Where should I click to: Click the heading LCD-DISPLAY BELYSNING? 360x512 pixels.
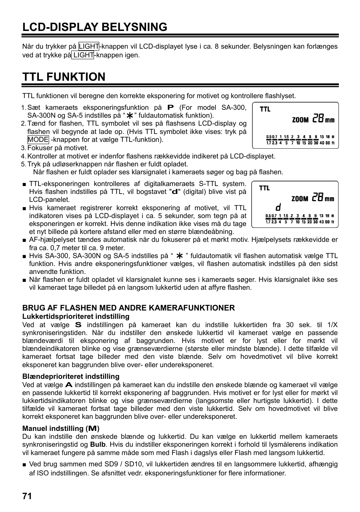95,27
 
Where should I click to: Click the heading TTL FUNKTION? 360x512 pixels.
64,77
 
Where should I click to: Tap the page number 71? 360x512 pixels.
27,496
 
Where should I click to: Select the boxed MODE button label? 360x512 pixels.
38,140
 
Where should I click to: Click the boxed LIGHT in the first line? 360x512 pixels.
89,46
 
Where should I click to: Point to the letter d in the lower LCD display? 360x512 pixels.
278,208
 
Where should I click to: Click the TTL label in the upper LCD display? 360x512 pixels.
265,109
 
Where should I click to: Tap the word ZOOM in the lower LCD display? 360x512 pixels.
300,199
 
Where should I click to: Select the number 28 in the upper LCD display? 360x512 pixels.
318,119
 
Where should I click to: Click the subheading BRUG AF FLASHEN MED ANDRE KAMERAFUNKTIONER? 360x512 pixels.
128,308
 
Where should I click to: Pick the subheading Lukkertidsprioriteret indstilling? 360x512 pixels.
76,316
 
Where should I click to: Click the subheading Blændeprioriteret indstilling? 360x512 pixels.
71,376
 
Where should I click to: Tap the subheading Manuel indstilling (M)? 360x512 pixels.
61,428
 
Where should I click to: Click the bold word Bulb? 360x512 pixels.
98,444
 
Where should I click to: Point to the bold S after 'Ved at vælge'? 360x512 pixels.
78,324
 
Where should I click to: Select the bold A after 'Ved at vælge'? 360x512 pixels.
69,385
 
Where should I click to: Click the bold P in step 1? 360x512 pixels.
171,108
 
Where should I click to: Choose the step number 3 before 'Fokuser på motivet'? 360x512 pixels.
23,148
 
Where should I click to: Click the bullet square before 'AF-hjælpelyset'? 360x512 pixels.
24,240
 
